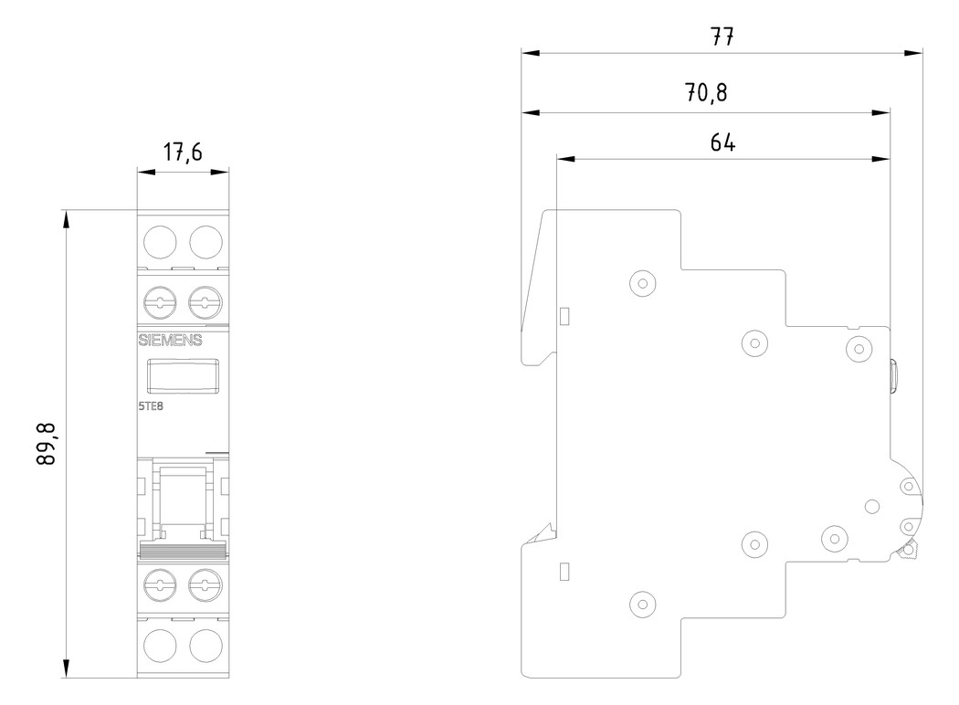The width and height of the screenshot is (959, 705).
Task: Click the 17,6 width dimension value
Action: tap(183, 153)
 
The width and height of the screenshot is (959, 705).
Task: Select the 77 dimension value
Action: tap(722, 37)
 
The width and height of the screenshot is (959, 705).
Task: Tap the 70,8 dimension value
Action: tap(707, 94)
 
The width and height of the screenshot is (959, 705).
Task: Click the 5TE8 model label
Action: tap(152, 408)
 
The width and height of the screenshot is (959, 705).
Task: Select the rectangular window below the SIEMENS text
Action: tap(183, 374)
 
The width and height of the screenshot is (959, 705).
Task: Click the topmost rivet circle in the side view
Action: tap(643, 283)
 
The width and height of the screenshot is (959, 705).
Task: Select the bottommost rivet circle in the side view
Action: tap(643, 603)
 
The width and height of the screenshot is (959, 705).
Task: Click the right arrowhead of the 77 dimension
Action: tap(914, 52)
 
